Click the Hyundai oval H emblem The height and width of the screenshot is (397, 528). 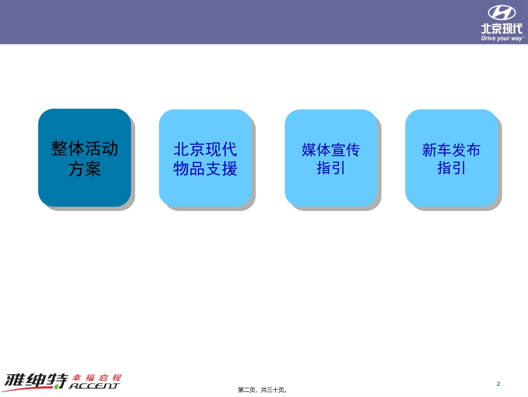[x=502, y=13]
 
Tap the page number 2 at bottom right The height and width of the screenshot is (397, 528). [x=499, y=384]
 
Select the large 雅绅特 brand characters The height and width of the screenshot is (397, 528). [x=35, y=380]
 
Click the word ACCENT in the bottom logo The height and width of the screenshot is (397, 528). [x=94, y=385]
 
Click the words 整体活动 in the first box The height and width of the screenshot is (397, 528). [x=84, y=149]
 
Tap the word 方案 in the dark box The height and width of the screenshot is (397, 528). [x=84, y=169]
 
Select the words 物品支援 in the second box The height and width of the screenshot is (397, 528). [x=205, y=169]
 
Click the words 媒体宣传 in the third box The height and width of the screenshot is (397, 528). [x=331, y=150]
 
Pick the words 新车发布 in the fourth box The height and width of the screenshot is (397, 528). [x=451, y=150]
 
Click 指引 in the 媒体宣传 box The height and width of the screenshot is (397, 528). [x=331, y=168]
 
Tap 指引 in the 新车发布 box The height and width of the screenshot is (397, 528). [x=451, y=168]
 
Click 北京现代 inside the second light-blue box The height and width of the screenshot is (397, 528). [x=205, y=149]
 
